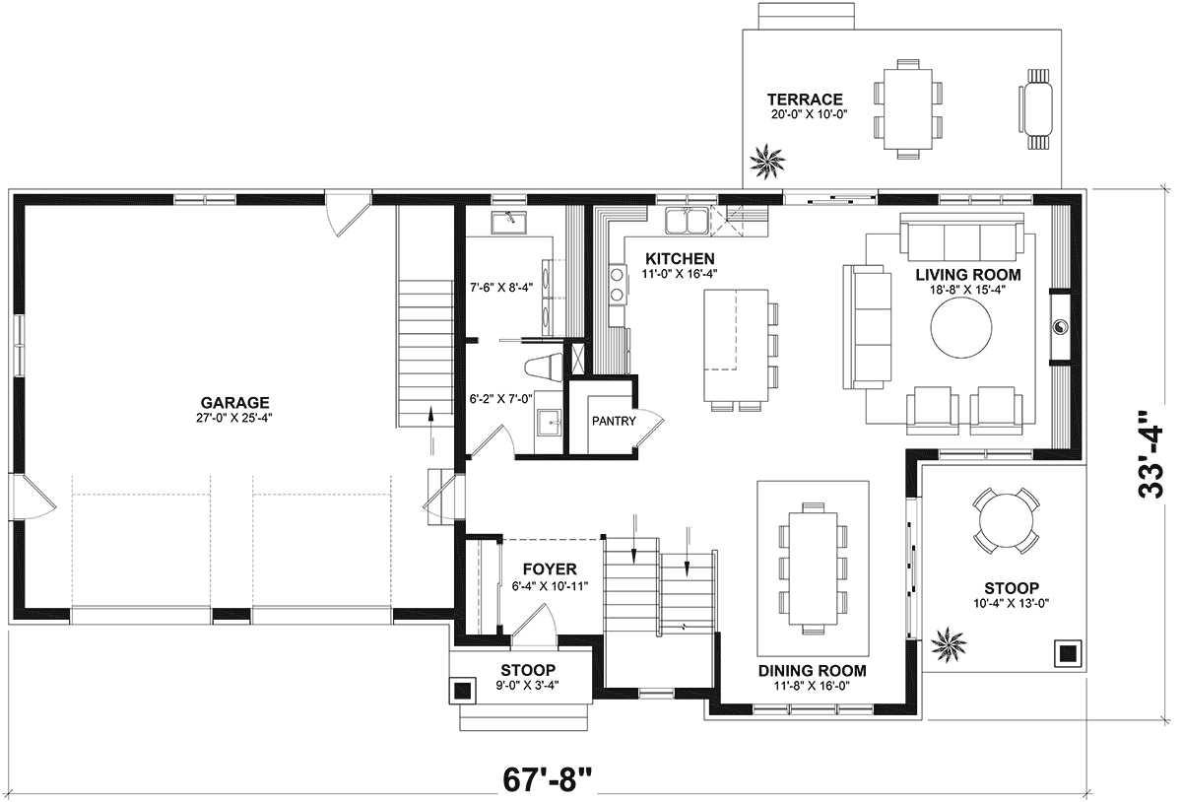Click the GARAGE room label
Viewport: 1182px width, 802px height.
click(x=234, y=402)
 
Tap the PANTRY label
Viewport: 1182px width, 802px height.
click(x=614, y=421)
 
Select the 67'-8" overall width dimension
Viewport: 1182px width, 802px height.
click(x=548, y=779)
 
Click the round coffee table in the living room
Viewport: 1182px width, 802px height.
click(x=961, y=328)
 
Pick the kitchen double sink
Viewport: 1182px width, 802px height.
click(x=687, y=220)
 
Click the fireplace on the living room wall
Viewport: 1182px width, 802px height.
click(x=1060, y=326)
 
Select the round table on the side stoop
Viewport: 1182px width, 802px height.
click(x=1007, y=520)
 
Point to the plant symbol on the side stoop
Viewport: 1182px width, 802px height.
click(x=949, y=644)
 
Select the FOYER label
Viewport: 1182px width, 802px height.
click(x=550, y=569)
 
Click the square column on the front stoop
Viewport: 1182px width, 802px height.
click(x=463, y=691)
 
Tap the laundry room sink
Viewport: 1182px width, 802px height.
click(x=508, y=223)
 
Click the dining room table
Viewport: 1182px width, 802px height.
click(x=814, y=568)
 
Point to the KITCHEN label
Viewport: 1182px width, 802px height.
click(x=681, y=259)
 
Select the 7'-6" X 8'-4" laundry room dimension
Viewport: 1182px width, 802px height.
click(x=501, y=288)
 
